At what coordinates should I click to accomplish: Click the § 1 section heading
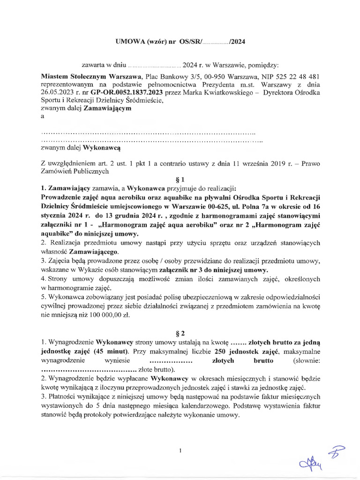180,179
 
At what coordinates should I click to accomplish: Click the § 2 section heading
180,333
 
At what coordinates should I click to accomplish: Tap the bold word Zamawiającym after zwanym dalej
108,108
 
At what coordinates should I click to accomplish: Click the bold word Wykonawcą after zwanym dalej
102,148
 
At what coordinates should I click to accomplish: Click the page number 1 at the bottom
180,450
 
